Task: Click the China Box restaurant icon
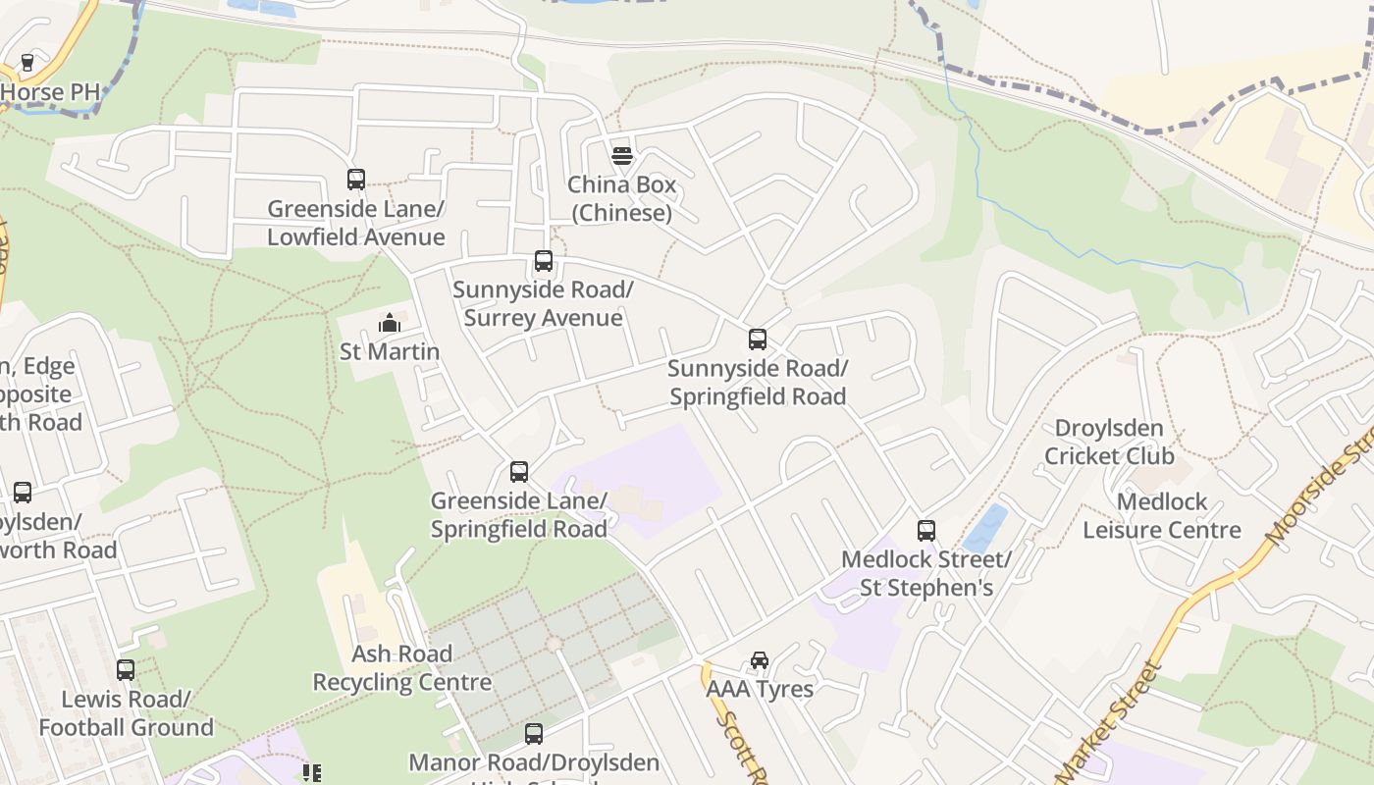[x=621, y=155]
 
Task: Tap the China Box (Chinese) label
[x=621, y=199]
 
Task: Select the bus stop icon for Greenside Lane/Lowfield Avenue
[x=356, y=180]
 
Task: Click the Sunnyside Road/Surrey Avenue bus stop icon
[x=544, y=261]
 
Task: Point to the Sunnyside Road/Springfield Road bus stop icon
[x=758, y=340]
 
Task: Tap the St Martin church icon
[x=390, y=322]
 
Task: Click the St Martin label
[x=390, y=351]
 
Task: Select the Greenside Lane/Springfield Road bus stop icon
[x=519, y=472]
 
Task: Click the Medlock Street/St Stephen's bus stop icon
[x=926, y=531]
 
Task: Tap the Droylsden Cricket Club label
[x=1109, y=443]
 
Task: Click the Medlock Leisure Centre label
[x=1162, y=516]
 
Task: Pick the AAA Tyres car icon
[x=760, y=659]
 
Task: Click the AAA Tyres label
[x=760, y=689]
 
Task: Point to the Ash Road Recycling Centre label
[x=402, y=668]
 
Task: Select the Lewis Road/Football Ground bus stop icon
[x=126, y=670]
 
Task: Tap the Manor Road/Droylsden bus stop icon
[x=534, y=733]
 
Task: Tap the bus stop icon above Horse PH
[x=27, y=63]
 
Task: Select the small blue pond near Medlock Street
[x=985, y=529]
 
